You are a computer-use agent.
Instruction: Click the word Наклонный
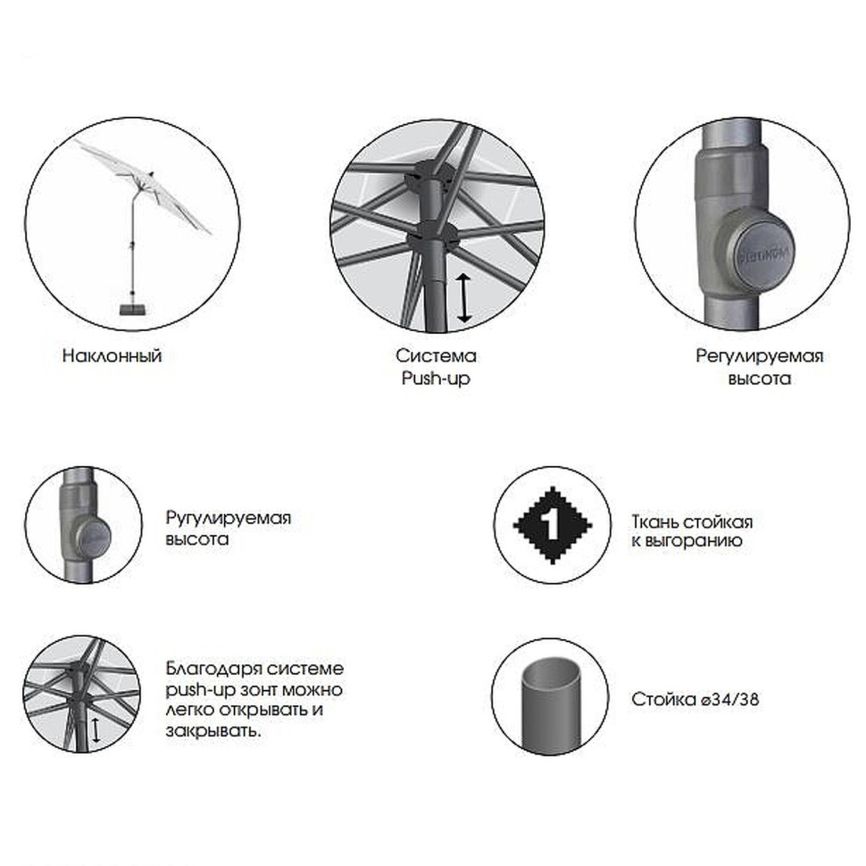(x=112, y=355)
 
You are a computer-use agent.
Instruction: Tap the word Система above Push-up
(x=436, y=355)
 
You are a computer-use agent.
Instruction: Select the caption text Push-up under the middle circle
(x=436, y=379)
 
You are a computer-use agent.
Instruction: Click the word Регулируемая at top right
(x=760, y=357)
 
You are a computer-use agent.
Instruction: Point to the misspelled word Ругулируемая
(x=228, y=519)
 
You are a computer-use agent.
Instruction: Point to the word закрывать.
(x=212, y=731)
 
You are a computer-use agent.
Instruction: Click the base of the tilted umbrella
(x=133, y=309)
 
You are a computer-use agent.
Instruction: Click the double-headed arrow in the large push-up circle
(x=464, y=298)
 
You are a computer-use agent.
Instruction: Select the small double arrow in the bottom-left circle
(x=96, y=730)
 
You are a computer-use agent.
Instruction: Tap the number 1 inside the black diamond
(x=552, y=525)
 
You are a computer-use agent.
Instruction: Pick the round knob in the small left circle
(x=92, y=537)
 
